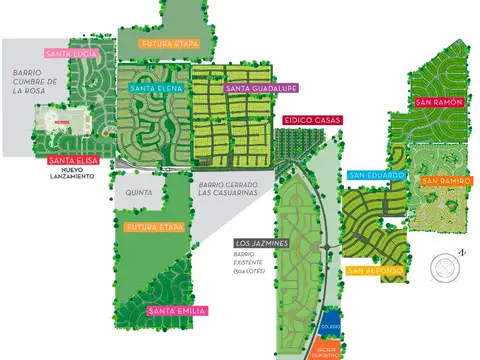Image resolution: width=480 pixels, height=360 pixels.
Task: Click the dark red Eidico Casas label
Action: point(312,120)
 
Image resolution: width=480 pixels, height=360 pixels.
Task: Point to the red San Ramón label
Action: point(436,102)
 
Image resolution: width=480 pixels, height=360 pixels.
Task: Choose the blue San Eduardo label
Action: point(377,175)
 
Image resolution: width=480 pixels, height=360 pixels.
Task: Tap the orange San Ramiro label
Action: point(441,180)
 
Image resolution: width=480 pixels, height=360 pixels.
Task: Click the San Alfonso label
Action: point(375,270)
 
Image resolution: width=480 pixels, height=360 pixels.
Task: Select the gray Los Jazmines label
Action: point(262,243)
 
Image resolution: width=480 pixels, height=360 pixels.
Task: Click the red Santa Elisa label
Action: point(72,160)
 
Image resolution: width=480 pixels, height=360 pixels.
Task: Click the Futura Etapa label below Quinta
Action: point(155,228)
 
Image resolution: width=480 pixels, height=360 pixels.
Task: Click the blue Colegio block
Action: point(331,325)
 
